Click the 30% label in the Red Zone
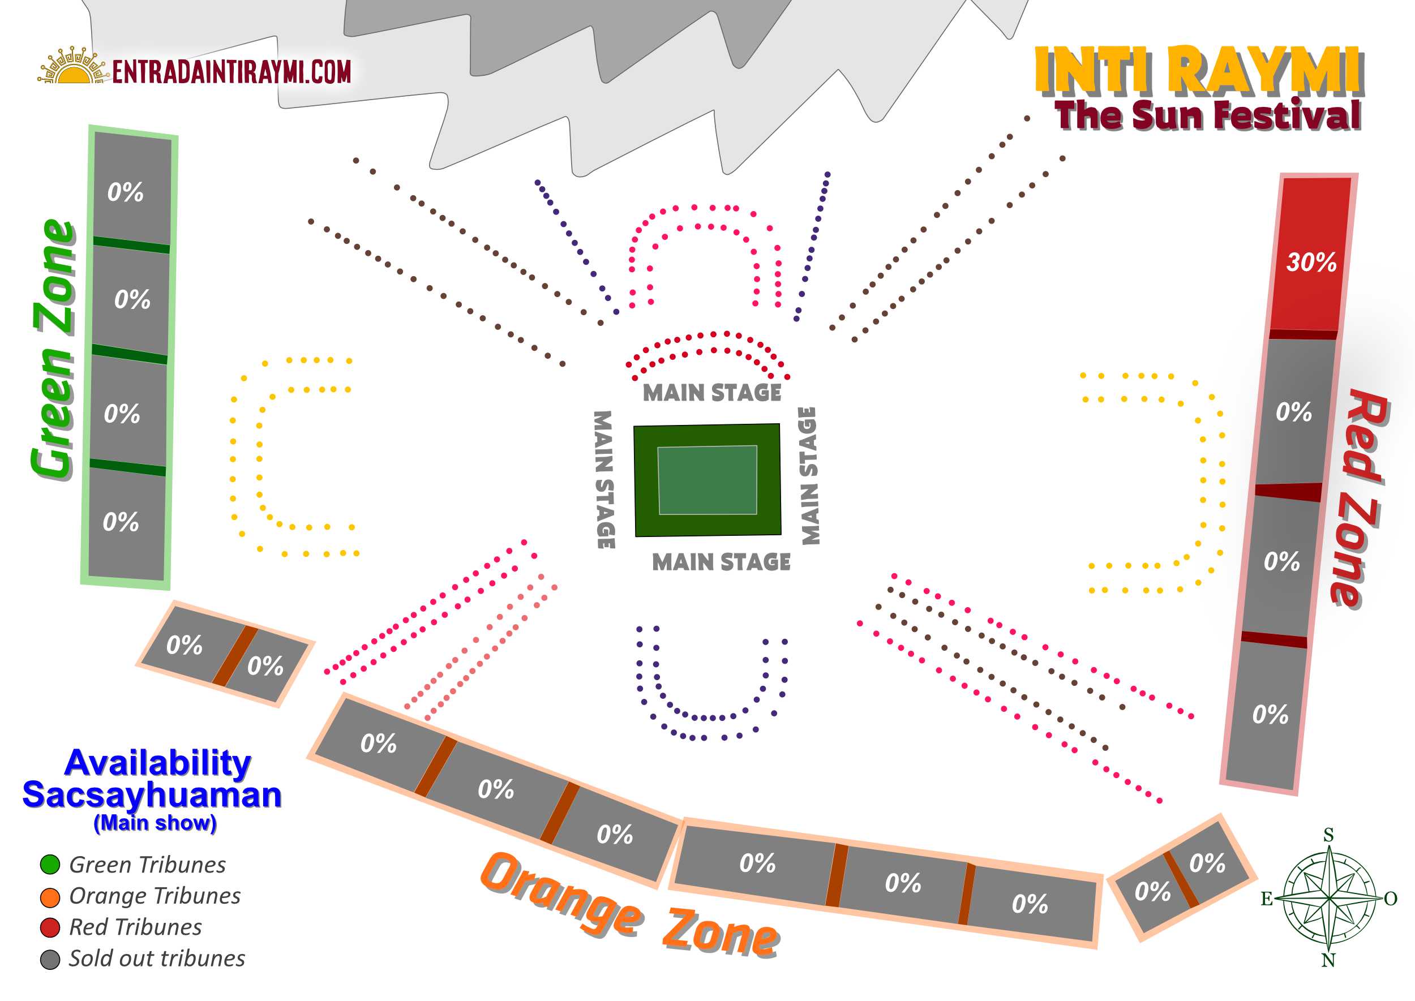pyautogui.click(x=1311, y=262)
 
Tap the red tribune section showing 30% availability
pyautogui.click(x=1310, y=254)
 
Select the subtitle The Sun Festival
pyautogui.click(x=1207, y=115)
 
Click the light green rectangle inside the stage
pyautogui.click(x=707, y=479)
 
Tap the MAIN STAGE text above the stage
pyautogui.click(x=712, y=393)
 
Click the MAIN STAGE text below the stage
pyautogui.click(x=722, y=562)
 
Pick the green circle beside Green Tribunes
pyautogui.click(x=50, y=865)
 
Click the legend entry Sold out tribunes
pyautogui.click(x=157, y=959)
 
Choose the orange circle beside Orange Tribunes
pyautogui.click(x=50, y=897)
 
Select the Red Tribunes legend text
pyautogui.click(x=136, y=927)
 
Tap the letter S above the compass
pyautogui.click(x=1328, y=835)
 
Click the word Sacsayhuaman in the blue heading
pyautogui.click(x=152, y=795)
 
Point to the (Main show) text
pyautogui.click(x=156, y=823)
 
